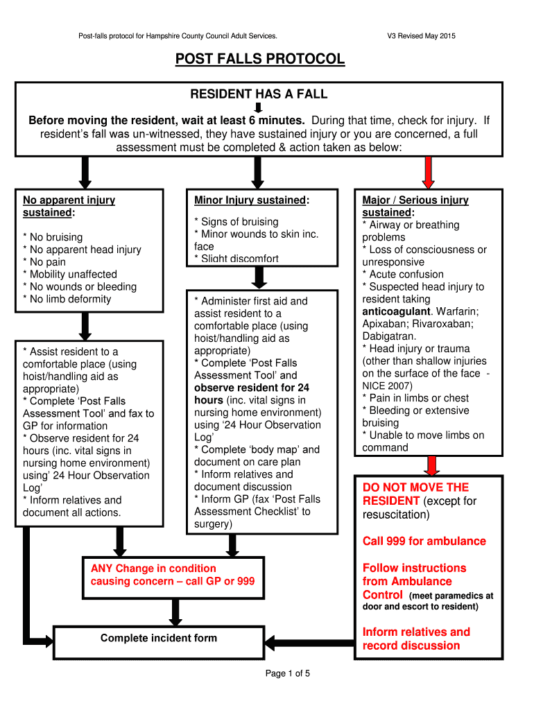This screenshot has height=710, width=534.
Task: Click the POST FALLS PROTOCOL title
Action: click(259, 59)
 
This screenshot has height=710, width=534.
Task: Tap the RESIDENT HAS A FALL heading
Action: click(259, 94)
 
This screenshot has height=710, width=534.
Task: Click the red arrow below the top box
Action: click(428, 171)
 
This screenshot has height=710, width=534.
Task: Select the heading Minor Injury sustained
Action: click(251, 200)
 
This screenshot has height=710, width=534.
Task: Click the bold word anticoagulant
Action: click(395, 312)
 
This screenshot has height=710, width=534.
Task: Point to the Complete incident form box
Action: click(159, 639)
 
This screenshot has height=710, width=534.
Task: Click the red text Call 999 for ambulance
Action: click(424, 542)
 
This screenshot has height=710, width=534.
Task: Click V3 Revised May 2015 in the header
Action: click(422, 36)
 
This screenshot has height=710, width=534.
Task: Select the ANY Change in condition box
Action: click(173, 575)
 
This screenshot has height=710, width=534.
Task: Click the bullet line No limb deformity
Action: click(67, 300)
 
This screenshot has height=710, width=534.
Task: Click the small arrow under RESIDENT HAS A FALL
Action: click(258, 107)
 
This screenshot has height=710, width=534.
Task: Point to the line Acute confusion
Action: click(403, 275)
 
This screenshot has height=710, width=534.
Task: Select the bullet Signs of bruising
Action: click(236, 222)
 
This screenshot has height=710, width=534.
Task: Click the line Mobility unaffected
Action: click(70, 275)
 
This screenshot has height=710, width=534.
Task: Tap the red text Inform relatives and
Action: click(416, 632)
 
